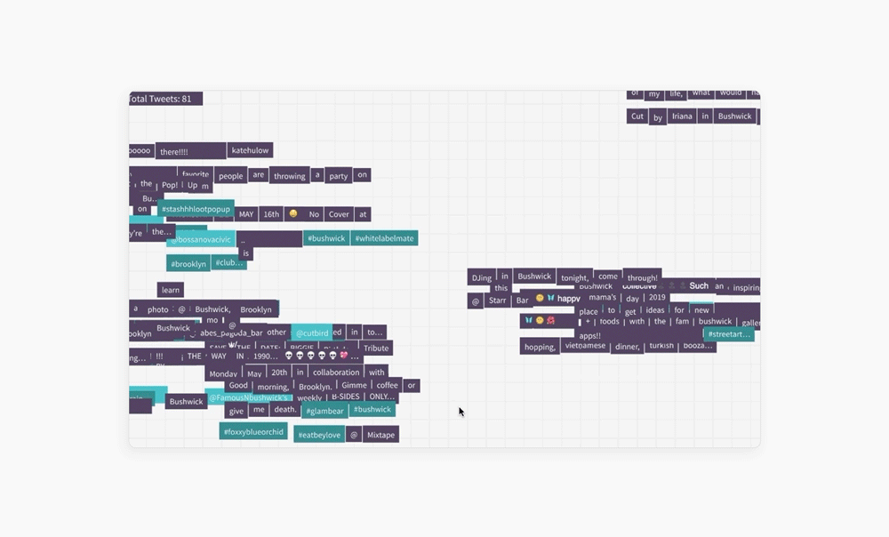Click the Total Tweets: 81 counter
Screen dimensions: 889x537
165,99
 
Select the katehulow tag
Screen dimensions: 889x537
250,151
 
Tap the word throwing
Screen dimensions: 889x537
290,176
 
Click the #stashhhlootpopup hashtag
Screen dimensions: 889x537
196,209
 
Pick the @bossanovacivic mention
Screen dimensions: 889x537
202,239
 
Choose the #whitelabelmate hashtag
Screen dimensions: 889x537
384,238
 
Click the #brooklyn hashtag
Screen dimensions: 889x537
188,264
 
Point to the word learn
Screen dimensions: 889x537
171,290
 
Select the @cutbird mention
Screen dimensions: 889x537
312,333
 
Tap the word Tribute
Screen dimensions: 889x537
376,349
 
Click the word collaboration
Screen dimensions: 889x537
336,373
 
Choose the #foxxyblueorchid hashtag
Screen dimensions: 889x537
253,432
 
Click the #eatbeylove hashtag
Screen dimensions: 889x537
319,435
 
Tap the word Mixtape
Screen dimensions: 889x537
380,435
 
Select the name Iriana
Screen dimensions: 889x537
682,116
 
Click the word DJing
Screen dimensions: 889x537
481,277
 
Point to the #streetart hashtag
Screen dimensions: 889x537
729,334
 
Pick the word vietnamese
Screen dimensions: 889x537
586,345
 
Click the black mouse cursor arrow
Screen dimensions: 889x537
461,412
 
